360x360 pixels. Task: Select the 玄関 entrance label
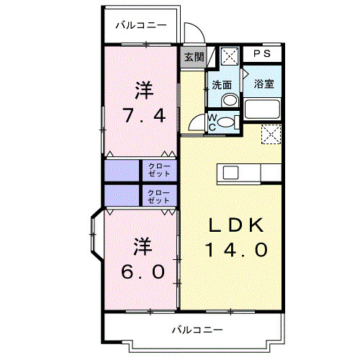(x=192, y=57)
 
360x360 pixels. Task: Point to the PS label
(x=261, y=54)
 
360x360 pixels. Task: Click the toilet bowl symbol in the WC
(x=229, y=123)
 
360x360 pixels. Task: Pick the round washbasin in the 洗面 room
(x=229, y=101)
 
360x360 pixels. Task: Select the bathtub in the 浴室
(x=264, y=109)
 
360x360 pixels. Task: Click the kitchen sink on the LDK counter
(x=230, y=173)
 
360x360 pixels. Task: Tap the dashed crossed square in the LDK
(x=270, y=134)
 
